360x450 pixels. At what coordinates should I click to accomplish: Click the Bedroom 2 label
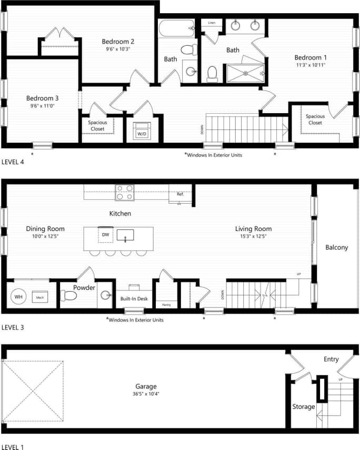coord(118,42)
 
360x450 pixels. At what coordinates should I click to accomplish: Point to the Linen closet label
coord(212,23)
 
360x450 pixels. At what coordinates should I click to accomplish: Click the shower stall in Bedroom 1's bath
coord(245,72)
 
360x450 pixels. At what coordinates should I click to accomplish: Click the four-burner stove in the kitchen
coord(125,192)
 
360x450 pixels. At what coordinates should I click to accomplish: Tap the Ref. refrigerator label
coord(180,194)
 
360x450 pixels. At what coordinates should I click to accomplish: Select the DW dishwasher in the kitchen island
coord(105,235)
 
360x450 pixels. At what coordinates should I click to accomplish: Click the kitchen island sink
coord(125,235)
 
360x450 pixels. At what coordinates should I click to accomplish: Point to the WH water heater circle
coord(19,297)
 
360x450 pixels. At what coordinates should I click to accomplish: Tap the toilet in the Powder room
coord(69,296)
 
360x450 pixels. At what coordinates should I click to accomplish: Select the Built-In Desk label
coord(134,298)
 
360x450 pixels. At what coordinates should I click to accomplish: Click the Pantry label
coord(166,305)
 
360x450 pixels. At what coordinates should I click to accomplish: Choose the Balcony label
coord(336,247)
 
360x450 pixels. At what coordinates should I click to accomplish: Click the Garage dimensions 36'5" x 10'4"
coord(145,394)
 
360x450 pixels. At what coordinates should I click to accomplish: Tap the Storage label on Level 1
coord(303,406)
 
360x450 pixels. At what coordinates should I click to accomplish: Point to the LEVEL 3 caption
coord(13,327)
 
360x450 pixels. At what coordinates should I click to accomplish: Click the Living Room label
coord(253,229)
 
